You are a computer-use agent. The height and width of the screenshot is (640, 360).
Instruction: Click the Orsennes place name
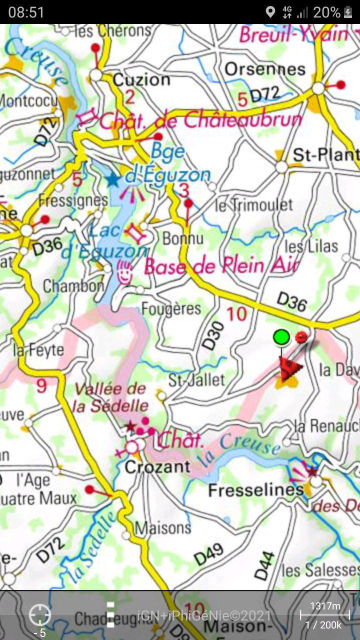(264, 69)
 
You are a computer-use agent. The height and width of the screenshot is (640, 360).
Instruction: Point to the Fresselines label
(255, 490)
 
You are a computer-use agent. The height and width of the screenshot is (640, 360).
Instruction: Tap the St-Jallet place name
(196, 379)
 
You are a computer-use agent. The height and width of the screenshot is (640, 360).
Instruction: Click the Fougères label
(171, 308)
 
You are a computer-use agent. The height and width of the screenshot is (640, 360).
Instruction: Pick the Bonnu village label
(183, 238)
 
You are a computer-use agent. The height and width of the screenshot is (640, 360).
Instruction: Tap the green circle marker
(281, 337)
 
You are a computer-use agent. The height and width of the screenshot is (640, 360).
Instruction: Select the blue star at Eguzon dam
(113, 179)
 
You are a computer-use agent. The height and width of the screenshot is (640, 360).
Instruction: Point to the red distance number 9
(41, 385)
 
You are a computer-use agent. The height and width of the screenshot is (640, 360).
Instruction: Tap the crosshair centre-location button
(39, 615)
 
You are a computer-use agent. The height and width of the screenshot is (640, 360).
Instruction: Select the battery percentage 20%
(326, 12)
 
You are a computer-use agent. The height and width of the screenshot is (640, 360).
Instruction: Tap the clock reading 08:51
(26, 12)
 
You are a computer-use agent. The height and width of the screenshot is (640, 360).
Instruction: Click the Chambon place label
(73, 286)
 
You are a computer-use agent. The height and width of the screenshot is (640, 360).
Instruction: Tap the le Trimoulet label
(253, 204)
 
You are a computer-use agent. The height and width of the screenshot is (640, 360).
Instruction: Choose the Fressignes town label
(73, 201)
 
